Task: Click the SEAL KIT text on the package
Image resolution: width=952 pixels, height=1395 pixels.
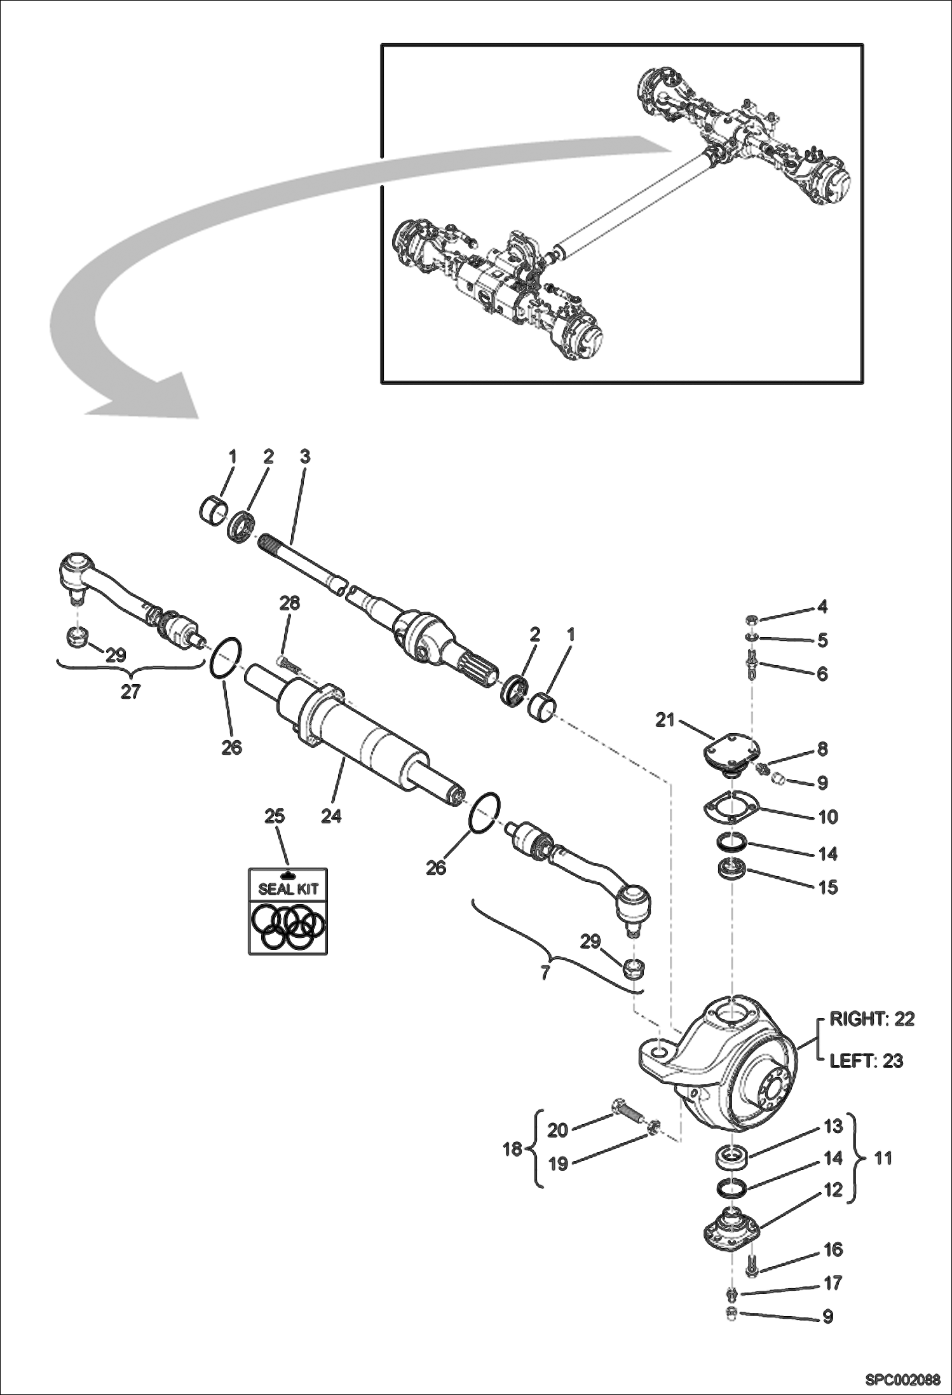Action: (x=288, y=890)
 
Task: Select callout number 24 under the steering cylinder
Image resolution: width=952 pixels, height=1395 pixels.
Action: (x=330, y=816)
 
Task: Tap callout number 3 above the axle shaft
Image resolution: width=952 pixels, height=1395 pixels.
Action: (x=305, y=456)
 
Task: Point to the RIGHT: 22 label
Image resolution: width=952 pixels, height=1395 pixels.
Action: (x=872, y=1019)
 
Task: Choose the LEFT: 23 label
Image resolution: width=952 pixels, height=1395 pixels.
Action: (x=866, y=1061)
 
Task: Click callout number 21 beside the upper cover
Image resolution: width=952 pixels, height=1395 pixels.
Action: (x=665, y=720)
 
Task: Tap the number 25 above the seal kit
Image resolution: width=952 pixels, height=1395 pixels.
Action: (x=275, y=816)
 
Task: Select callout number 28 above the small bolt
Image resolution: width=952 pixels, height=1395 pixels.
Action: (x=290, y=603)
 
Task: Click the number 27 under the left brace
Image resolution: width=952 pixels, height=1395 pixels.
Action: (x=130, y=692)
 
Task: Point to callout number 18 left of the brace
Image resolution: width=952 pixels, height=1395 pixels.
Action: (x=512, y=1149)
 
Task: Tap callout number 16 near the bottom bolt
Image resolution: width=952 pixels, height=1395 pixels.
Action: (x=833, y=1249)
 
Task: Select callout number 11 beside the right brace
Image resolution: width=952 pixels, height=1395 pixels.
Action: (x=883, y=1158)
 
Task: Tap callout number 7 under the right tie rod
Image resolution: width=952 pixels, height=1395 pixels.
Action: (x=545, y=973)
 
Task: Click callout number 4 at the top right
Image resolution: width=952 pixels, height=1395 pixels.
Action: (x=822, y=607)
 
